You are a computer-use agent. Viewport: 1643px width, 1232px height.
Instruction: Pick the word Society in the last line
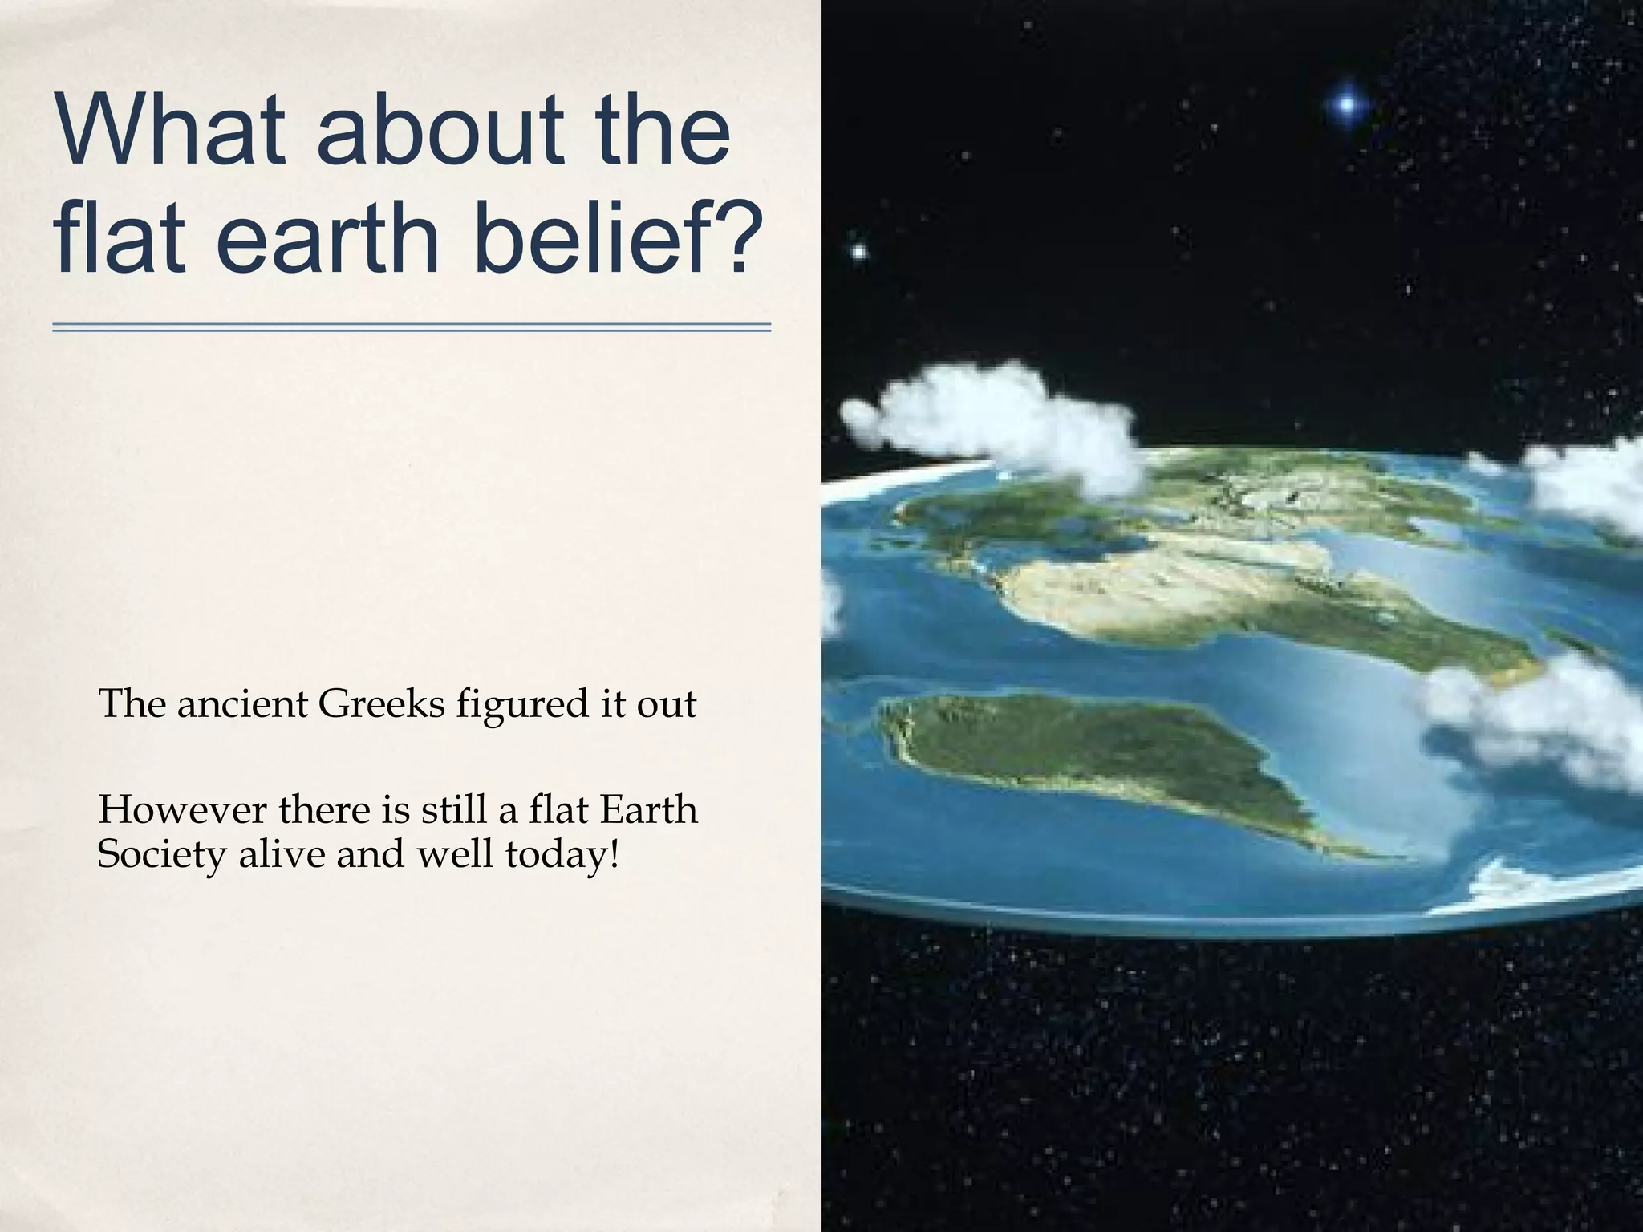(x=161, y=855)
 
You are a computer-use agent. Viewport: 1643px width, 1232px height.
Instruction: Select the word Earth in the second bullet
(x=648, y=810)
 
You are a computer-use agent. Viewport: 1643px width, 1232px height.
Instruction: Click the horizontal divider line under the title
(x=412, y=326)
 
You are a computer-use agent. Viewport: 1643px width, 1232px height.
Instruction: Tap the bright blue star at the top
(x=1347, y=103)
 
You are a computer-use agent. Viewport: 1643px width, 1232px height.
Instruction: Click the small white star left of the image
(x=858, y=252)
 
